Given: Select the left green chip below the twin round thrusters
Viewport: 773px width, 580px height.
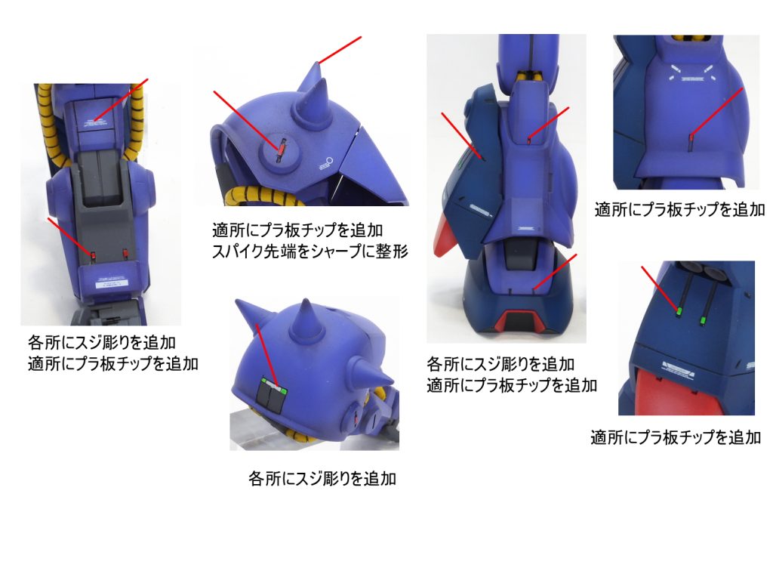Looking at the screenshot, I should coord(679,310).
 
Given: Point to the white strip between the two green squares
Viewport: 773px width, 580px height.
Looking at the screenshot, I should coord(273,388).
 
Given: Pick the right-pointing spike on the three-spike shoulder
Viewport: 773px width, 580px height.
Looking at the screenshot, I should coord(377,378).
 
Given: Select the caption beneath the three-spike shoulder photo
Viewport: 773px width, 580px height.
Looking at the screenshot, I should coord(322,479).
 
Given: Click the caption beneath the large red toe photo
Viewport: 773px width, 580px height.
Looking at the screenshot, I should coord(675,437).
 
